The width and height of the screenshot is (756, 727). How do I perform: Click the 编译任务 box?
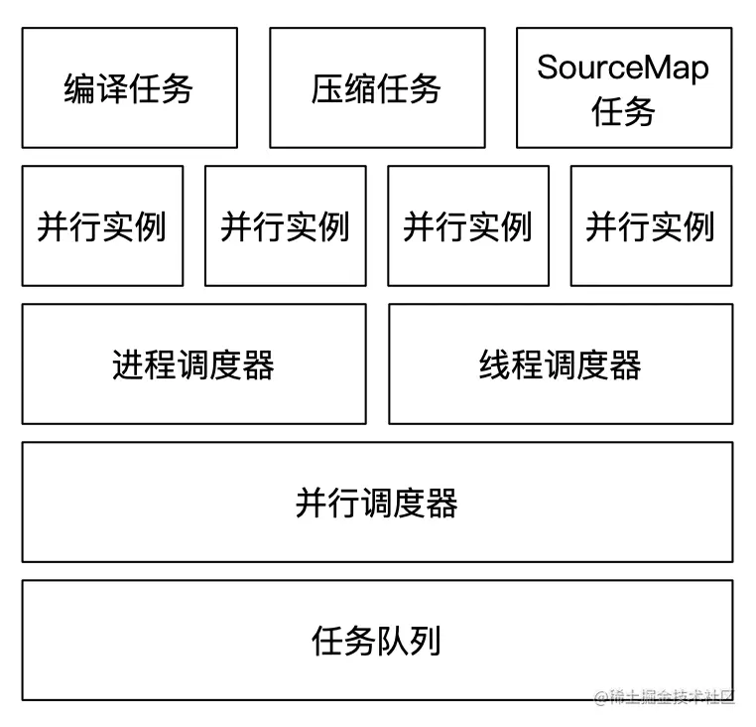pos(129,87)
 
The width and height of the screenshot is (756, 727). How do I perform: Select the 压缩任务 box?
pos(377,87)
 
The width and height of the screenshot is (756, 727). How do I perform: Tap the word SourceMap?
pos(623,68)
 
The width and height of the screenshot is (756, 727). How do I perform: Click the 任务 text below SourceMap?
pos(623,111)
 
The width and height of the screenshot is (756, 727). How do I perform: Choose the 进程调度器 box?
pos(193,363)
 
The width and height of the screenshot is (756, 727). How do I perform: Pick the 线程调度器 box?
pos(561,363)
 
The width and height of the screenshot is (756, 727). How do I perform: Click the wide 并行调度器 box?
pos(377,502)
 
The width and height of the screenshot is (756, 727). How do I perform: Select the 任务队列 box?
pos(377,640)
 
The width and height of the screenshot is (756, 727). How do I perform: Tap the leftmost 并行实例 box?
pos(102,225)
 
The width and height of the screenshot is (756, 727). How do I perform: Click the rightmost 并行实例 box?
pos(651,225)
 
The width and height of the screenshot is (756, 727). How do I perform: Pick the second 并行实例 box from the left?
pos(285,225)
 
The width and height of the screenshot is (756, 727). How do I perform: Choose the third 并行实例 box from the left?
pos(467,225)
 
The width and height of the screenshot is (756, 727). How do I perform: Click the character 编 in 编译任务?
pos(80,88)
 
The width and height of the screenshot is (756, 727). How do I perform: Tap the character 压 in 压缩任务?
pos(328,88)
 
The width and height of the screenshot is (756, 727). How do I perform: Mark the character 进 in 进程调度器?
pos(129,364)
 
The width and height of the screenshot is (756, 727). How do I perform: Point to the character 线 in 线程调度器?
pos(496,364)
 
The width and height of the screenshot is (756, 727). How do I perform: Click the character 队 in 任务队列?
pos(393,641)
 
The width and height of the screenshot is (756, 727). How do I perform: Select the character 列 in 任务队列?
pos(426,641)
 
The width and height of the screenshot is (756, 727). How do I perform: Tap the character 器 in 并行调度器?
pos(441,503)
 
